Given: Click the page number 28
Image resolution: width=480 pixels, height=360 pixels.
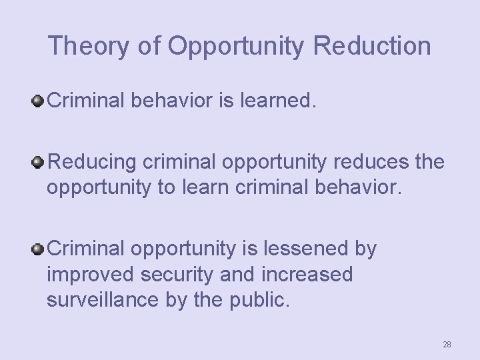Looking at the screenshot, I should pyautogui.click(x=447, y=344).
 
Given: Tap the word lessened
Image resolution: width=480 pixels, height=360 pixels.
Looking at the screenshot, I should pyautogui.click(x=300, y=249).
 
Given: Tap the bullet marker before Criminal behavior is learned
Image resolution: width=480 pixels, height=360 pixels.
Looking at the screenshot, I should pyautogui.click(x=38, y=102).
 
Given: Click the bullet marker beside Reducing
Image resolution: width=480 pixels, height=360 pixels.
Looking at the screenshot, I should pyautogui.click(x=38, y=161).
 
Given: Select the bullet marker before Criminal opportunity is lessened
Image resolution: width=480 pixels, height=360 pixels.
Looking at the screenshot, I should pyautogui.click(x=38, y=250).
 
